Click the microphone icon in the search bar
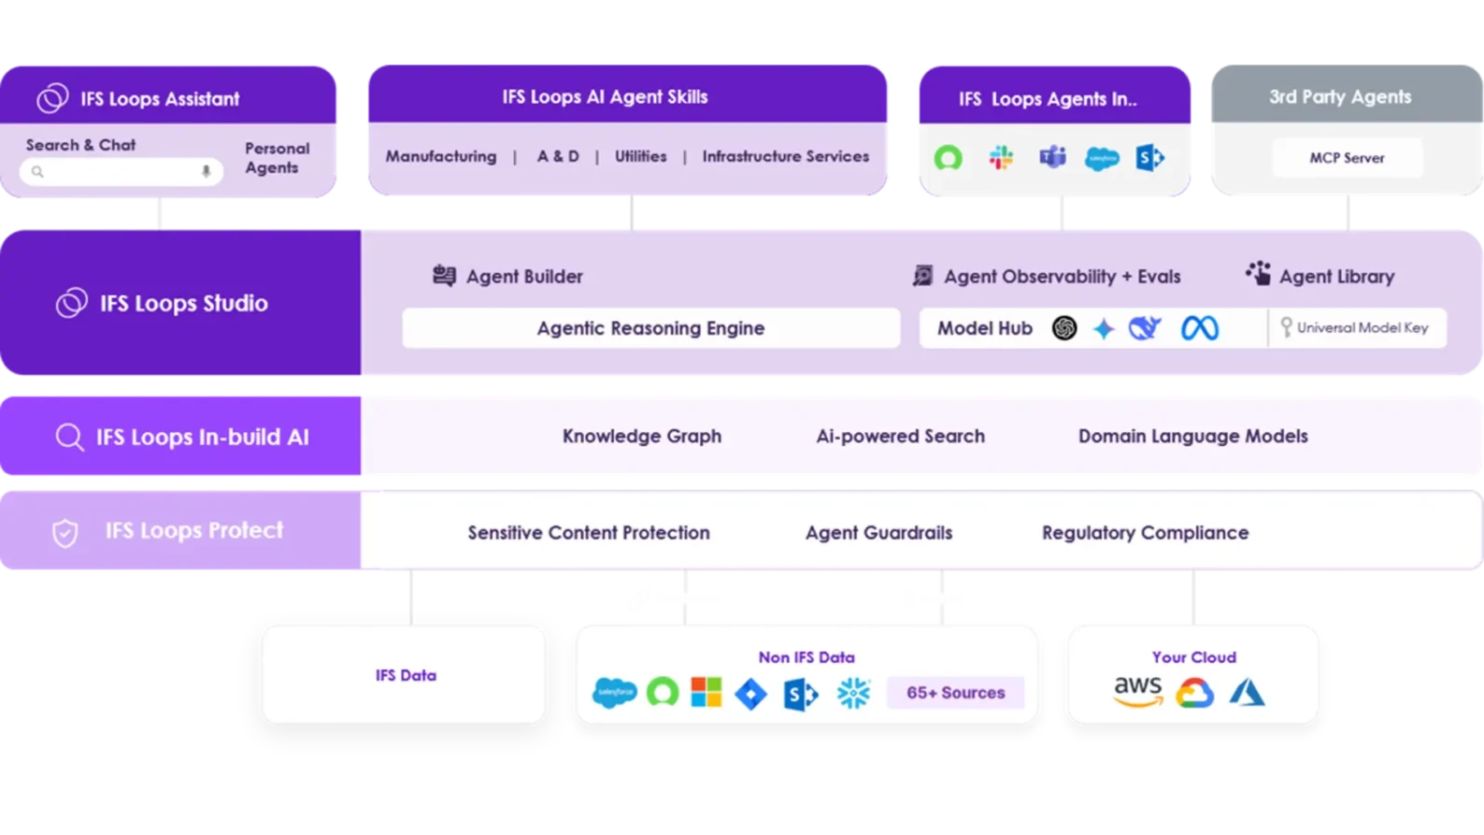[x=207, y=171]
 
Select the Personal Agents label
[x=277, y=158]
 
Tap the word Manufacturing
[x=441, y=156]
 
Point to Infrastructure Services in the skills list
[x=785, y=156]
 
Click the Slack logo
[x=1001, y=158]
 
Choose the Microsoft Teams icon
[x=1052, y=158]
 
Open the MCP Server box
[x=1347, y=158]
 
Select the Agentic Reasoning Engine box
[x=650, y=328]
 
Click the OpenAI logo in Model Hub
[x=1063, y=328]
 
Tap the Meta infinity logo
[x=1199, y=328]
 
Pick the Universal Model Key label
[x=1362, y=328]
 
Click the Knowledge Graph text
[x=641, y=436]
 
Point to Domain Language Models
[x=1192, y=436]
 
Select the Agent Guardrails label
[x=878, y=532]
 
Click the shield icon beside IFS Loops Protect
[x=64, y=533]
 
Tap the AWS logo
[x=1137, y=691]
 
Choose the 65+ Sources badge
[x=955, y=693]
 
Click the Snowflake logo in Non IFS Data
[x=853, y=693]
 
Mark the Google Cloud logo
[x=1194, y=693]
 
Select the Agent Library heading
[x=1336, y=276]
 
